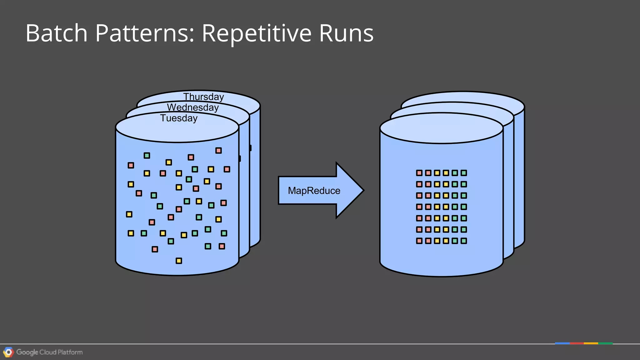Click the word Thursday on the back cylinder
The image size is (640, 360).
[x=203, y=97]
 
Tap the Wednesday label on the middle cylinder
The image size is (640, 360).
[x=193, y=107]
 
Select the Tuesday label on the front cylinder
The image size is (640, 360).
[x=179, y=118]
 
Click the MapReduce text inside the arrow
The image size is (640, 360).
[x=314, y=191]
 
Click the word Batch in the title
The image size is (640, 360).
[x=57, y=33]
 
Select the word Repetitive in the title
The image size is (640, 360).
[x=257, y=33]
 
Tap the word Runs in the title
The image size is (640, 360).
[x=346, y=33]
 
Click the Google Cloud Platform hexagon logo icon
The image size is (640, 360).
[x=8, y=352]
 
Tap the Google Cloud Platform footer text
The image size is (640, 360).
[x=49, y=352]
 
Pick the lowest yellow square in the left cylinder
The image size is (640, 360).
[x=179, y=261]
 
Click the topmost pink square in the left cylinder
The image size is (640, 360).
[x=218, y=151]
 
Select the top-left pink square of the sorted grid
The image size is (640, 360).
[x=419, y=173]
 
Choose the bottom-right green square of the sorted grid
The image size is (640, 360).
[x=464, y=241]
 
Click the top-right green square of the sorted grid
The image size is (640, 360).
[x=464, y=173]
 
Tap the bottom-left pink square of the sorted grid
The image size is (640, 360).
[x=419, y=241]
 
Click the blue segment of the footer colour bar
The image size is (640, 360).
[x=562, y=343]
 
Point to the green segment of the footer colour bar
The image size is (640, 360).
[x=605, y=343]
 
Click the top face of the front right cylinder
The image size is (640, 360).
[x=441, y=128]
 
